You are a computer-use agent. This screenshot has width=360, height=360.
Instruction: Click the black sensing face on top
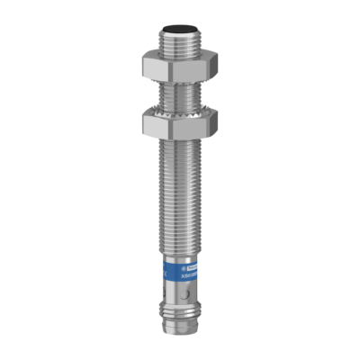[181, 30]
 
